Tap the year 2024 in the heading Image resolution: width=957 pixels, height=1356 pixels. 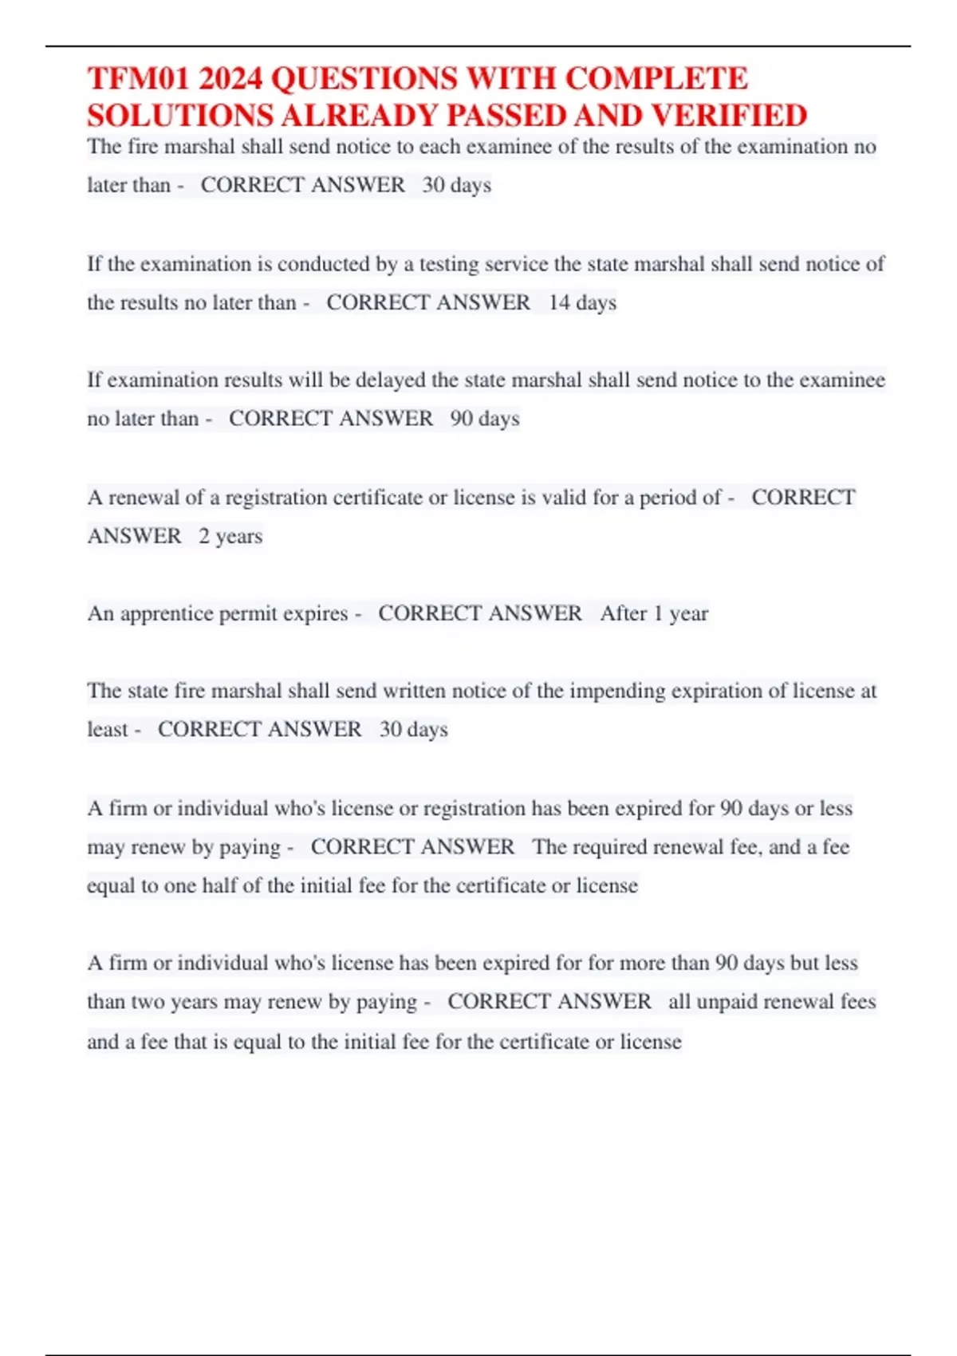(230, 79)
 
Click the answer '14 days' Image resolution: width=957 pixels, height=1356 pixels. (582, 302)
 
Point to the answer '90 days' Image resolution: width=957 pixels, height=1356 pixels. (485, 419)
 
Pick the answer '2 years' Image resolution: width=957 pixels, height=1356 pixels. (230, 536)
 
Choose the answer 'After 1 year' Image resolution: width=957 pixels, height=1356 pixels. (654, 613)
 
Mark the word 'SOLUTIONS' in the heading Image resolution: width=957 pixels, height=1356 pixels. (180, 116)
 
